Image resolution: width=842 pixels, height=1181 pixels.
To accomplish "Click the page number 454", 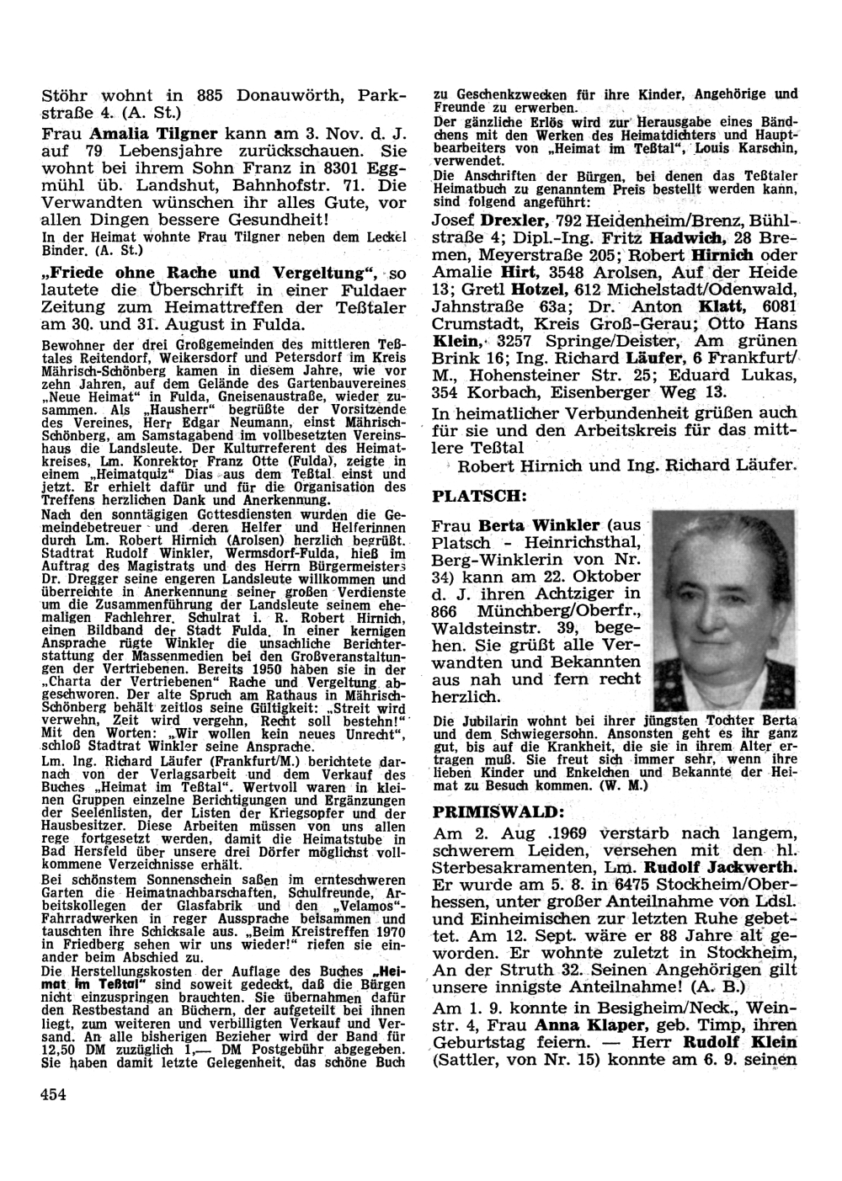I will pyautogui.click(x=53, y=1093).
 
